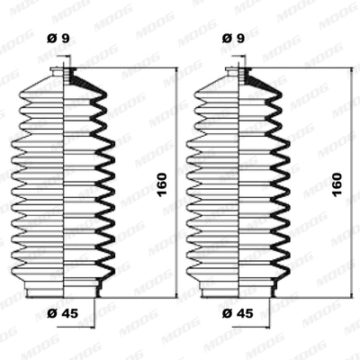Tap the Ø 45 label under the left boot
[61, 311]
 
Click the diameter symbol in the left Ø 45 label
[50, 311]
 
